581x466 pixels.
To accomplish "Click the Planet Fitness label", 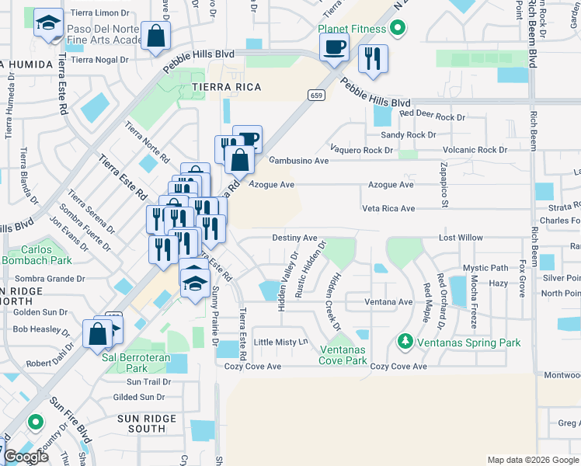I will pos(351,30).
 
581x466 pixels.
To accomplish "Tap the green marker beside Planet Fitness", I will pos(398,30).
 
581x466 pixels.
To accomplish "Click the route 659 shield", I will pos(315,96).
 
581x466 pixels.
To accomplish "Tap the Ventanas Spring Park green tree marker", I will pos(404,341).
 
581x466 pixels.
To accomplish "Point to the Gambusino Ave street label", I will pos(298,161).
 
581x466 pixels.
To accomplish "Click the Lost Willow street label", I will pos(461,238).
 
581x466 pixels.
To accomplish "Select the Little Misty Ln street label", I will pos(281,342).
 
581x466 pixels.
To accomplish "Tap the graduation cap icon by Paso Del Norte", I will pos(48,24).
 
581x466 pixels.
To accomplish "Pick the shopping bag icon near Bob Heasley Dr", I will pos(99,333).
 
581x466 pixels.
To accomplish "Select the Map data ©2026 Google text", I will pos(532,460).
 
